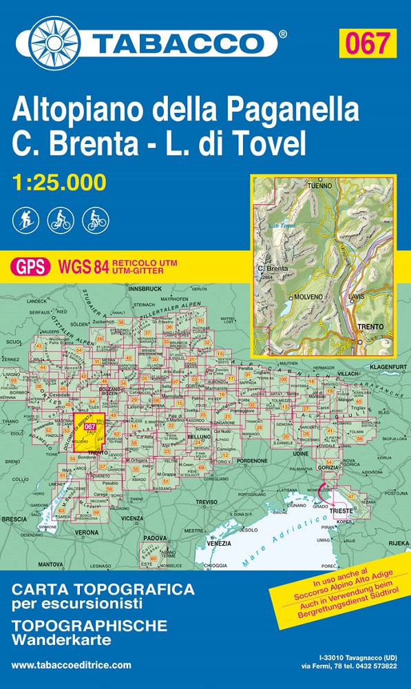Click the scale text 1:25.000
(x=59, y=183)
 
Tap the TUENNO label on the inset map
(x=320, y=186)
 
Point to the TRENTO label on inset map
(x=369, y=326)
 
